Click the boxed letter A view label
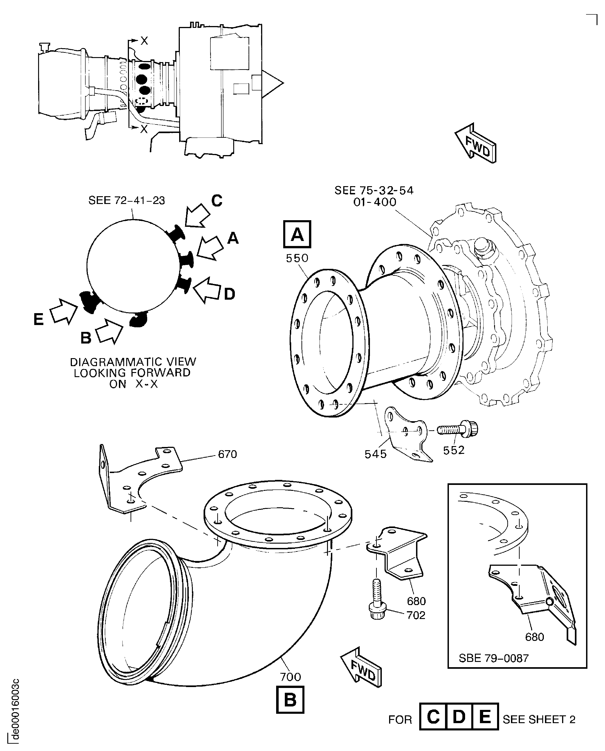pos(297,234)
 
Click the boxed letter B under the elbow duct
pos(290,700)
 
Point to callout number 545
pos(376,454)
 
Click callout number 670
pos(227,454)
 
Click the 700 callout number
pos(290,677)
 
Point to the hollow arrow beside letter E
pos(64,310)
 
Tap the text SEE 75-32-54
pos(374,190)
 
